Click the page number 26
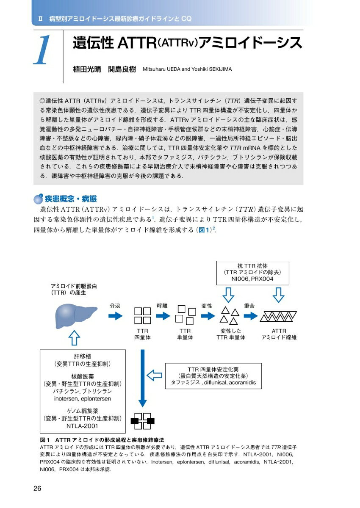pyautogui.click(x=37, y=489)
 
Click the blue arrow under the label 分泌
pyautogui.click(x=115, y=316)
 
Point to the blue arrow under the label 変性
pyautogui.click(x=207, y=316)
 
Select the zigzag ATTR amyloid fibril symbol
pyautogui.click(x=278, y=316)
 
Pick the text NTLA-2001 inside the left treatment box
pyautogui.click(x=83, y=426)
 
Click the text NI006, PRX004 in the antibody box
pyautogui.click(x=252, y=279)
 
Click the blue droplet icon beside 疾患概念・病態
pyautogui.click(x=38, y=199)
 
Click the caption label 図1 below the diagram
pyautogui.click(x=45, y=440)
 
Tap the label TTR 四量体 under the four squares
pyautogui.click(x=142, y=334)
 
